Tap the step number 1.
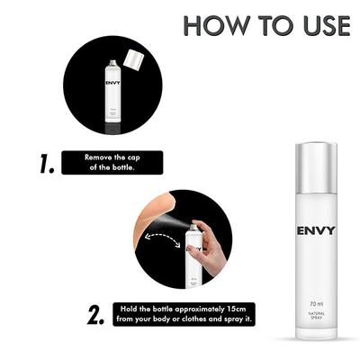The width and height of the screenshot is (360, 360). [44, 164]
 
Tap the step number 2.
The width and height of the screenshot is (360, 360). [97, 315]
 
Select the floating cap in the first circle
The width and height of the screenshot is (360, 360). [133, 60]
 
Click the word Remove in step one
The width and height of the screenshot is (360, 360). [99, 157]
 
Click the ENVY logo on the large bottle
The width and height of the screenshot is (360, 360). [316, 230]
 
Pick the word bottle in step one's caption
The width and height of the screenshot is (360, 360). [122, 168]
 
